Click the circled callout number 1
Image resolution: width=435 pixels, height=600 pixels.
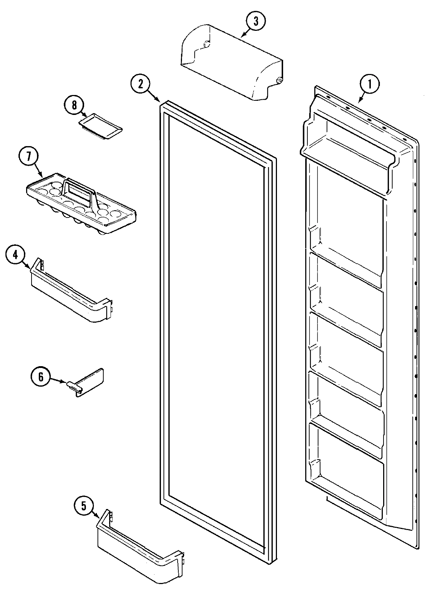[x=370, y=84]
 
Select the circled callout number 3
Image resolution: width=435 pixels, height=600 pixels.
[x=256, y=21]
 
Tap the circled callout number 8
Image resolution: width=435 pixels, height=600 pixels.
[x=74, y=105]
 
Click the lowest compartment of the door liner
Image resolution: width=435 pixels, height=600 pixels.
[x=346, y=475]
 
